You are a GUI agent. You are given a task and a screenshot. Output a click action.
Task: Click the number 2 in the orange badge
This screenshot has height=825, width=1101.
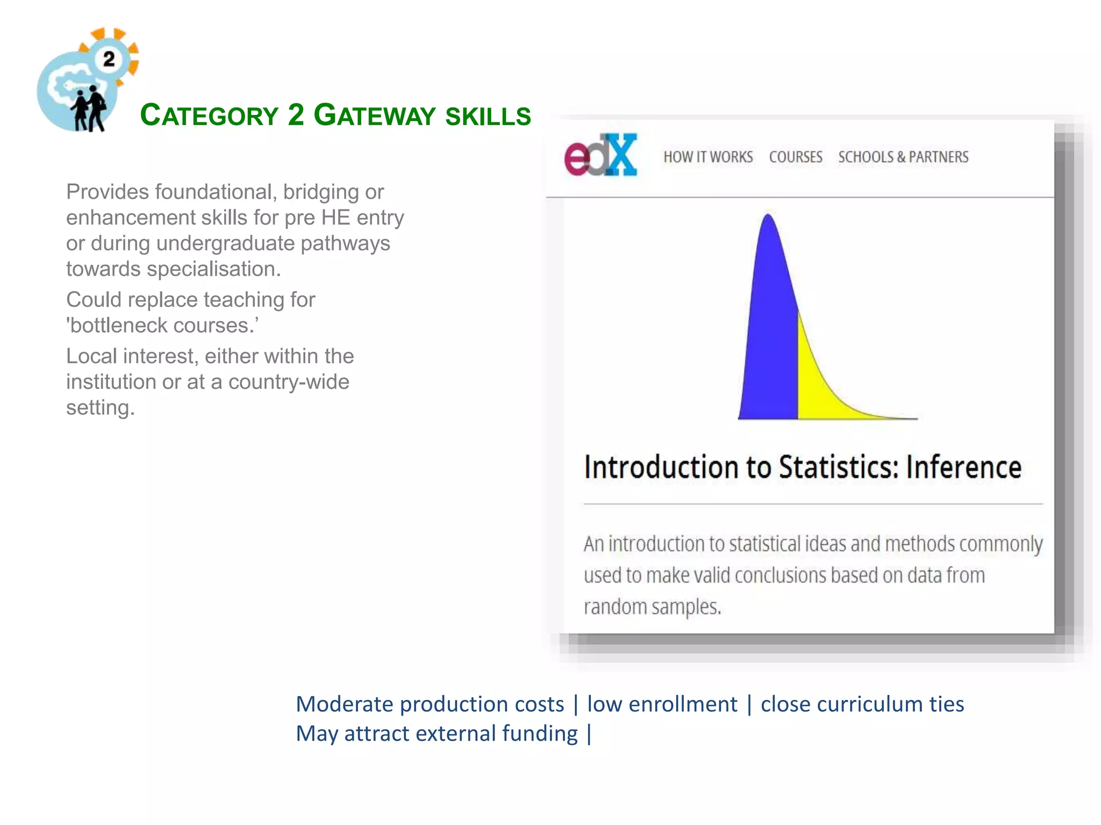pos(109,59)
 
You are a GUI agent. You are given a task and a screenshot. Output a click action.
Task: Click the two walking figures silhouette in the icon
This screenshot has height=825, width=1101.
pos(89,108)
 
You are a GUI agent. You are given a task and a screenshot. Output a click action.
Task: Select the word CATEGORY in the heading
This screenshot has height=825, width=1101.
pos(209,115)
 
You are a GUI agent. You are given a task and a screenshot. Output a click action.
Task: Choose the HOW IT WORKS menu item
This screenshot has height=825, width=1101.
pos(708,157)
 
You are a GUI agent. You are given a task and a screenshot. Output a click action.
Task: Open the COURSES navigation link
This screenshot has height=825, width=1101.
pos(796,157)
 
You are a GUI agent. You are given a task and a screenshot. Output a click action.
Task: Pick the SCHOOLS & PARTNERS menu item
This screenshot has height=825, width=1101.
pos(903,157)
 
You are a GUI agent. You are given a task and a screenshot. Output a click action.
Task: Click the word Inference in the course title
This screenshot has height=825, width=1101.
pos(963,467)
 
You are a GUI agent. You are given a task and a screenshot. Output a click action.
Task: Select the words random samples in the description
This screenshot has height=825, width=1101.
pos(652,607)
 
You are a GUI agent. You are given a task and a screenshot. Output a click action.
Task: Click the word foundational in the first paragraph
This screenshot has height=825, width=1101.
pos(216,192)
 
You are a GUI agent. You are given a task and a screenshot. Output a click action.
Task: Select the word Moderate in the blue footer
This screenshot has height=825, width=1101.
pos(345,704)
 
